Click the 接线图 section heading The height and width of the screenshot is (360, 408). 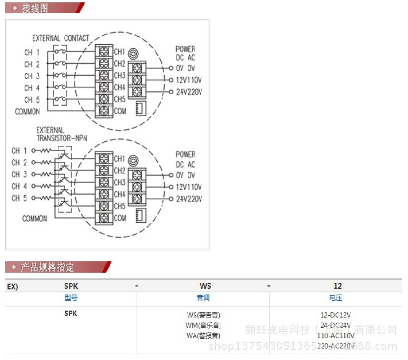coord(34,8)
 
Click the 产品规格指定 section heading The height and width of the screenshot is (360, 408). coord(47,267)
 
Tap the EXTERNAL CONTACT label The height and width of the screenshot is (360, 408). coord(60,38)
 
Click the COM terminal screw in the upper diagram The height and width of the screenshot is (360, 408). coord(104,111)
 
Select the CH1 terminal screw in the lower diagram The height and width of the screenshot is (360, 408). coord(104,158)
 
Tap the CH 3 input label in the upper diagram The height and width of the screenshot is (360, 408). coord(32,76)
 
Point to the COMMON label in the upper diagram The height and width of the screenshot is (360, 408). coord(28,111)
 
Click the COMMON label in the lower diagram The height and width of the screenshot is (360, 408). coord(34,218)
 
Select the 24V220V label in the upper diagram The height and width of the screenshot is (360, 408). coord(189,92)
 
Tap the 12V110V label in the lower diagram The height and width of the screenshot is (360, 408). coord(189,187)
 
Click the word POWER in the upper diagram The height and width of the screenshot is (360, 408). coord(185,49)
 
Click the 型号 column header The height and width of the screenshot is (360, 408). coord(71,298)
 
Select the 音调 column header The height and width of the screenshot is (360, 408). coord(203,298)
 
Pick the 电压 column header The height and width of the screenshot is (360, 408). coord(336,298)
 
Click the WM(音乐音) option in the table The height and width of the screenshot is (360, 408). coord(203,325)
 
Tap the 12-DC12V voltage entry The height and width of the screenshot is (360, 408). coord(336,315)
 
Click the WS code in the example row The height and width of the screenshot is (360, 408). coord(205,286)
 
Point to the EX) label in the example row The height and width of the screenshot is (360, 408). coord(13,286)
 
